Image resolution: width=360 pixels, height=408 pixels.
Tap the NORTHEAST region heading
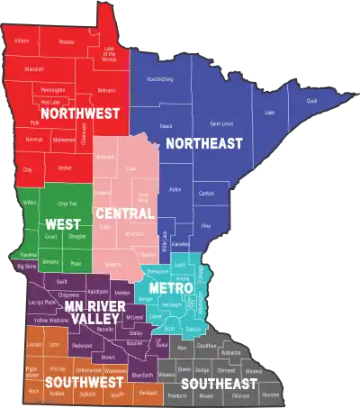(x=203, y=144)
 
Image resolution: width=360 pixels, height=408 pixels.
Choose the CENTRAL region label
(x=123, y=213)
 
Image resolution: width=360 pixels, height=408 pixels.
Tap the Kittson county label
(x=22, y=41)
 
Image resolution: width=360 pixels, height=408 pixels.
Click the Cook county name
(x=312, y=102)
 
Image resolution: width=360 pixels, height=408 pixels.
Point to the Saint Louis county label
(x=220, y=122)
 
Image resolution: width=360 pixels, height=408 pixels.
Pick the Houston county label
(x=270, y=394)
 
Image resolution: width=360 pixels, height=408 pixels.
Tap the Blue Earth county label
(x=142, y=375)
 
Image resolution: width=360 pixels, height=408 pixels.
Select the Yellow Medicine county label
(x=51, y=320)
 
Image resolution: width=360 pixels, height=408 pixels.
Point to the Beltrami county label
(x=106, y=90)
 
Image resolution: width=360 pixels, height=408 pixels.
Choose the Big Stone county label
(x=26, y=267)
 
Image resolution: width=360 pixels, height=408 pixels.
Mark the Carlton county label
(x=206, y=193)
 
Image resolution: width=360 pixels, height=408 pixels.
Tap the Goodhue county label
(x=206, y=345)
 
